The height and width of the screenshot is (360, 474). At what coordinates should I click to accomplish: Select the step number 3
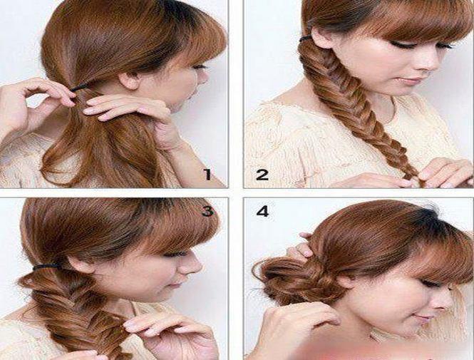(207, 211)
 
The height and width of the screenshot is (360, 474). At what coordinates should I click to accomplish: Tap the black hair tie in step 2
(306, 38)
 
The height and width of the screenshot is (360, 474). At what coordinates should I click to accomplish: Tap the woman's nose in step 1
(205, 78)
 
